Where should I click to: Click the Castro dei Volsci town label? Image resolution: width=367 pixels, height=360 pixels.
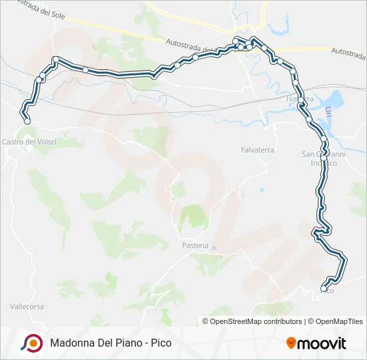[x=29, y=141]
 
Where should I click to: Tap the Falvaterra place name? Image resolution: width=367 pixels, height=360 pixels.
[x=258, y=150]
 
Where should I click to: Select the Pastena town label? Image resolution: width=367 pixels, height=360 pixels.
[x=195, y=245]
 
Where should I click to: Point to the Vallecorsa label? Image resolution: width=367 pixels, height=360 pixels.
[x=27, y=307]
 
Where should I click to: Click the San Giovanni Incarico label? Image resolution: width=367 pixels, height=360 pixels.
[x=319, y=159]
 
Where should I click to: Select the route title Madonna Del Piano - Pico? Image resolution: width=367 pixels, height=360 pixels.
[x=110, y=343]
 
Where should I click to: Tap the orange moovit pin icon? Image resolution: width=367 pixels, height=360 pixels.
[x=291, y=343]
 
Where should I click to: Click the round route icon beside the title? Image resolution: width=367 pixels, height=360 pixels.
[x=31, y=343]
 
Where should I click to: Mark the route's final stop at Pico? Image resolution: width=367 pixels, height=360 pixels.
[x=324, y=289]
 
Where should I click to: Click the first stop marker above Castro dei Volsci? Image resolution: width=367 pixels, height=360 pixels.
[x=27, y=121]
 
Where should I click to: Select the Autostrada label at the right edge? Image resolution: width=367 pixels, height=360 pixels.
[x=348, y=51]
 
